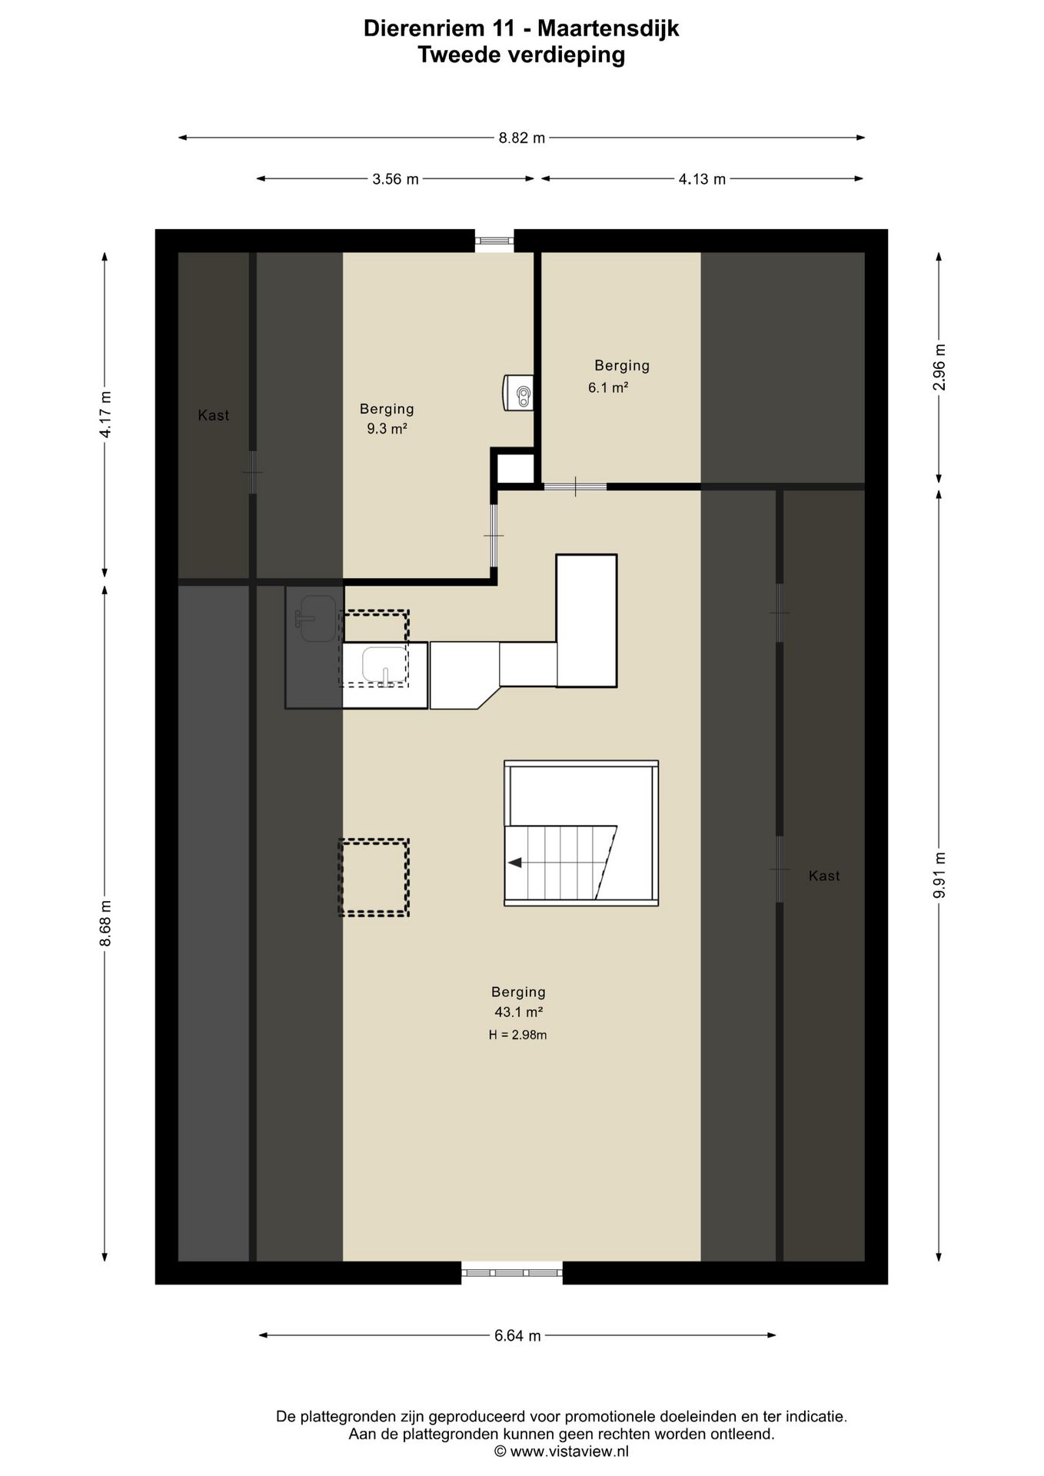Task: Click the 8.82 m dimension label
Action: coord(522,138)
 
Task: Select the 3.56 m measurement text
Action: coord(395,179)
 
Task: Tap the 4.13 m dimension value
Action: coord(702,179)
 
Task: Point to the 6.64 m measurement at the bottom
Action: coord(517,1335)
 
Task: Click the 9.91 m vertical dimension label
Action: coord(939,875)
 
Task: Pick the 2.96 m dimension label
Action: coord(939,367)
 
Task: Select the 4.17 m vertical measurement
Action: coord(105,414)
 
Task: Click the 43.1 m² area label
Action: coord(519,1012)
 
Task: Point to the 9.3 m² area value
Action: coord(387,429)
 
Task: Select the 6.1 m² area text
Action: coord(608,387)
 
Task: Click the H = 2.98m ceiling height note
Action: coord(517,1035)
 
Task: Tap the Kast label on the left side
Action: coord(214,415)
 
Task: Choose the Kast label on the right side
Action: coord(824,876)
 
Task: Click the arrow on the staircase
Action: coord(515,863)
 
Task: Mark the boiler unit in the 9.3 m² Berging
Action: coord(518,393)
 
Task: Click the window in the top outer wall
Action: coord(494,241)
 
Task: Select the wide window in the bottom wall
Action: coord(512,1273)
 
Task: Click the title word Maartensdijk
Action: coord(608,29)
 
